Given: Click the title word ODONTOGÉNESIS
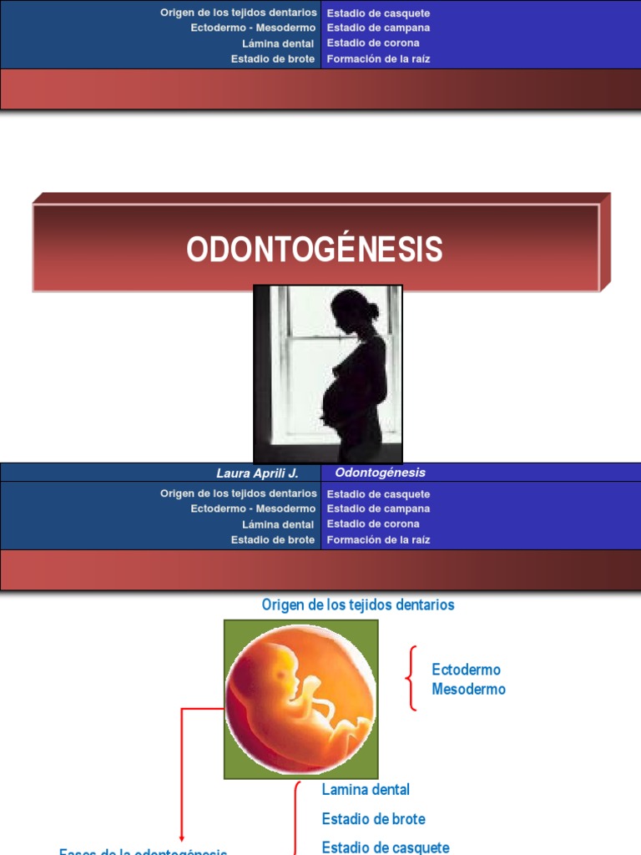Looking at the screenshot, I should pyautogui.click(x=315, y=249).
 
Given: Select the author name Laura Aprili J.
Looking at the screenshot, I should pyautogui.click(x=257, y=473).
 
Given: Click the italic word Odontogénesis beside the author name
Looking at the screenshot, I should pyautogui.click(x=380, y=473).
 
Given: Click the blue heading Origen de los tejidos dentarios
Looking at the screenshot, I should pyautogui.click(x=358, y=605).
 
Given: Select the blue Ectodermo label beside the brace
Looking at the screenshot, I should pyautogui.click(x=466, y=670).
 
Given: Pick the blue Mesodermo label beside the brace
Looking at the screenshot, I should pyautogui.click(x=468, y=690).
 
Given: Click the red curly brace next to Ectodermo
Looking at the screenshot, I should pyautogui.click(x=411, y=678).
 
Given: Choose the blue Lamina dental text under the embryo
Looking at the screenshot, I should pyautogui.click(x=366, y=789).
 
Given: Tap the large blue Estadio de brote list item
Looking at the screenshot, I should pyautogui.click(x=373, y=819).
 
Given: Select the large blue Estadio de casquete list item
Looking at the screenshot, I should pyautogui.click(x=385, y=847).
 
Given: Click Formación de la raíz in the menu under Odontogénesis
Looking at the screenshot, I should pyautogui.click(x=378, y=540).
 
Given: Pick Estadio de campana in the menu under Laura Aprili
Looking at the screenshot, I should pyautogui.click(x=378, y=508).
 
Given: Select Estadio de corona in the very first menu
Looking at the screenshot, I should pyautogui.click(x=373, y=43).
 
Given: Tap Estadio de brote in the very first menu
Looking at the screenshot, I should pyautogui.click(x=273, y=59).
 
